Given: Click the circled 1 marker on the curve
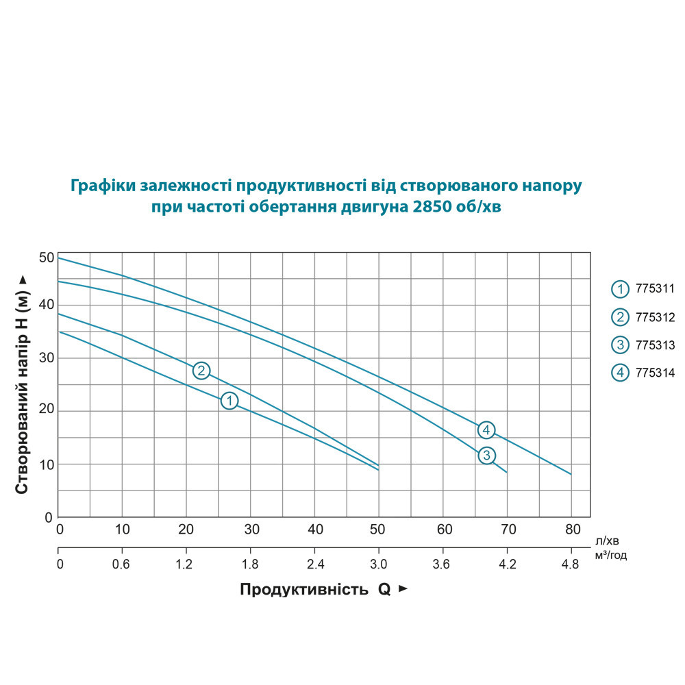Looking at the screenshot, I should point(229,401).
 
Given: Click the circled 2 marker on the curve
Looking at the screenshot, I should point(201,371).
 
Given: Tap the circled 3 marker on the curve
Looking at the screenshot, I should point(486,455).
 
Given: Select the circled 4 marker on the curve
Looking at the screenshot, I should point(486,430).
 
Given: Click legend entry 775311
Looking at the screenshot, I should point(643,289).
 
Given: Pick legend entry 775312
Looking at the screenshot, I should point(643,317).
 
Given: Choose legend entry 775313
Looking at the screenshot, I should point(643,345).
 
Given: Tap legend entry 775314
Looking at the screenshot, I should point(643,373).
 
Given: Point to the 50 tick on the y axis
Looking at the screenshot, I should point(46,258).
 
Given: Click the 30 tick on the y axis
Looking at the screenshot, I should point(46,358).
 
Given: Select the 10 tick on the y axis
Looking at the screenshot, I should point(46,464).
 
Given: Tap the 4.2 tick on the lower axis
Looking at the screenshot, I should point(508,564).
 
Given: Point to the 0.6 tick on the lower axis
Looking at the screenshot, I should point(122,564).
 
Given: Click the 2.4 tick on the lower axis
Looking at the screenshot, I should point(314,564).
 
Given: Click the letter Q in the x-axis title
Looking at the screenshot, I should point(384,590).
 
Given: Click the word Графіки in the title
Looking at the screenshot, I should point(103,186).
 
